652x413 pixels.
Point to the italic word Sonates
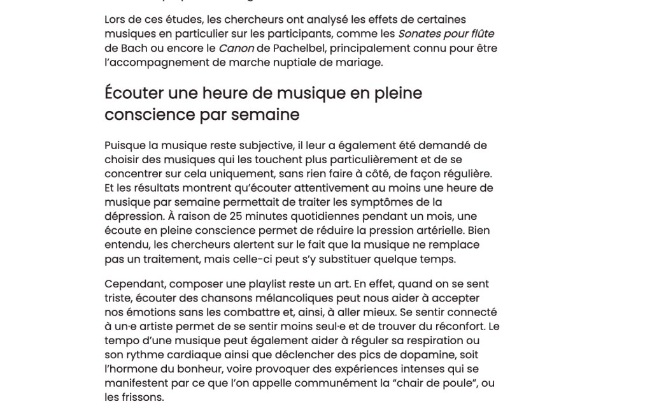click(420, 34)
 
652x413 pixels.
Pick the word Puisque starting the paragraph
click(125, 145)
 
